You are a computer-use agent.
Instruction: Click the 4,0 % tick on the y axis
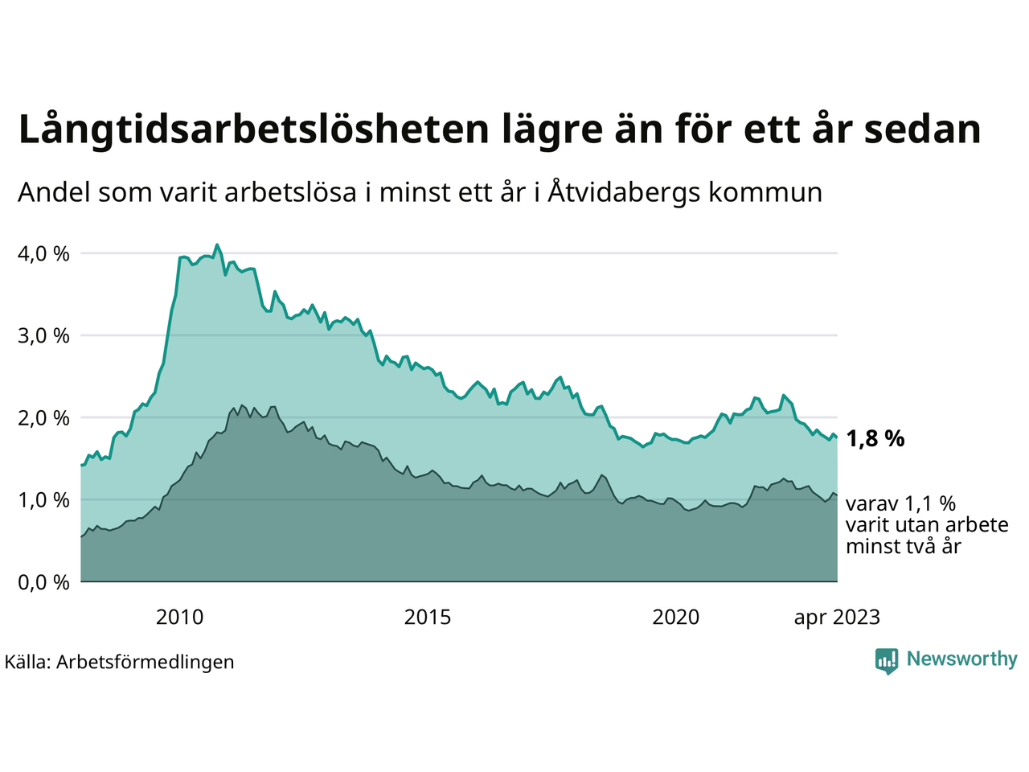click(43, 253)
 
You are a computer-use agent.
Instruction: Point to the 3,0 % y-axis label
click(43, 335)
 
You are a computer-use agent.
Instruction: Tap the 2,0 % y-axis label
click(43, 417)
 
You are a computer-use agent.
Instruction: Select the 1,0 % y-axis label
click(43, 499)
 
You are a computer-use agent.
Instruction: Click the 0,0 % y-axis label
click(43, 581)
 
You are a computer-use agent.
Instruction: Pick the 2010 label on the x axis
click(180, 618)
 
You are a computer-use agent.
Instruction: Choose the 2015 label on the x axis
click(428, 618)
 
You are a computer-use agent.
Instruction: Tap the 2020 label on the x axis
click(676, 618)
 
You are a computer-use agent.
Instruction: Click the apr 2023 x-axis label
click(837, 618)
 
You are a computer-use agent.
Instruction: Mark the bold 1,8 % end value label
click(875, 438)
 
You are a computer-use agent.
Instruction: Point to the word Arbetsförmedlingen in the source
click(146, 662)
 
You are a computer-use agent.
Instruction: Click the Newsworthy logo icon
click(887, 661)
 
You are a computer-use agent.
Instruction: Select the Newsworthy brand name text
click(961, 659)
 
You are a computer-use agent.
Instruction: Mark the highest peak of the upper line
click(217, 244)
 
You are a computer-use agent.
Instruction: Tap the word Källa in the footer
click(27, 662)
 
